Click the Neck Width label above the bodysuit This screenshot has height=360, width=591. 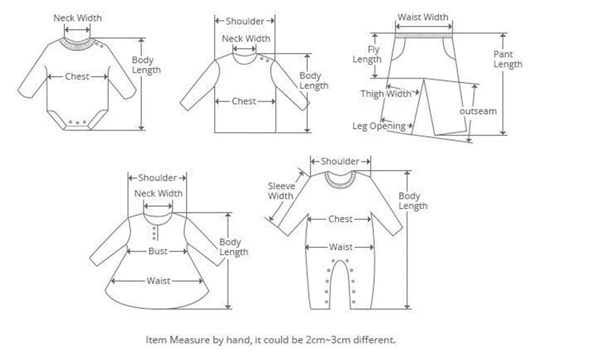click(77, 18)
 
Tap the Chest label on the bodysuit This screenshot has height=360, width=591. click(77, 76)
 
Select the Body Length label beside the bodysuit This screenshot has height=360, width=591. click(146, 65)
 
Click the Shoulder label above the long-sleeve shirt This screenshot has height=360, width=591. click(245, 21)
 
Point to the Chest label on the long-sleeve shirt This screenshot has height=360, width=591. click(244, 101)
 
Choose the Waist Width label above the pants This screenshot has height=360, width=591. click(423, 17)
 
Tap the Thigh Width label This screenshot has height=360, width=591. click(386, 94)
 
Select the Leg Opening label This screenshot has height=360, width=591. click(379, 125)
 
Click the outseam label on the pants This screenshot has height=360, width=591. click(478, 111)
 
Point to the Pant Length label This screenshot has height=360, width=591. click(507, 59)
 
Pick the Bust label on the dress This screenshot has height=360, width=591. click(158, 251)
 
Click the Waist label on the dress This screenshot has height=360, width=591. click(158, 280)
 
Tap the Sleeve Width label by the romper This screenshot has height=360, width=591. click(280, 190)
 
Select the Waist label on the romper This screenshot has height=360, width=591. click(341, 247)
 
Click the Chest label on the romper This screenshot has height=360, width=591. click(341, 219)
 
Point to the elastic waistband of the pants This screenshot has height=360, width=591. click(423, 32)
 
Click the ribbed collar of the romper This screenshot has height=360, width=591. click(340, 178)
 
